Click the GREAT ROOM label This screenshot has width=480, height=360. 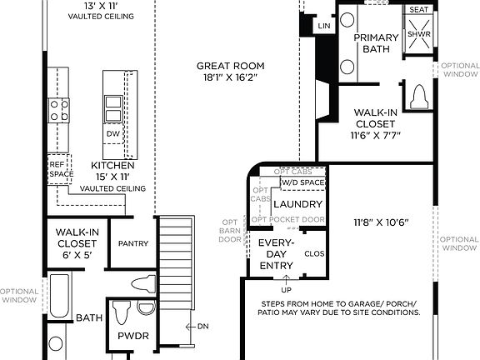(231, 66)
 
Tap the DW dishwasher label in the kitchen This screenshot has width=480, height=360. (113, 133)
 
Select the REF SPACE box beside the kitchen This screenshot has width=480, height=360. (56, 170)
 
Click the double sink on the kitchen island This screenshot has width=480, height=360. (113, 105)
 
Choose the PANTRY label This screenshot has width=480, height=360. (132, 243)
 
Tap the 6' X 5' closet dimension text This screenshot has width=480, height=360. (77, 257)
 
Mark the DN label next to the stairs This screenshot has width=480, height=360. (202, 326)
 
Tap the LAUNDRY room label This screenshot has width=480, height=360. (297, 204)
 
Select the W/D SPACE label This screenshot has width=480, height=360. (302, 182)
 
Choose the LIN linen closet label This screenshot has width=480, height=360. (324, 27)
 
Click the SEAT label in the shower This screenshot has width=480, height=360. (417, 10)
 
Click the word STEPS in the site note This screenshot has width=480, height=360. (276, 304)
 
